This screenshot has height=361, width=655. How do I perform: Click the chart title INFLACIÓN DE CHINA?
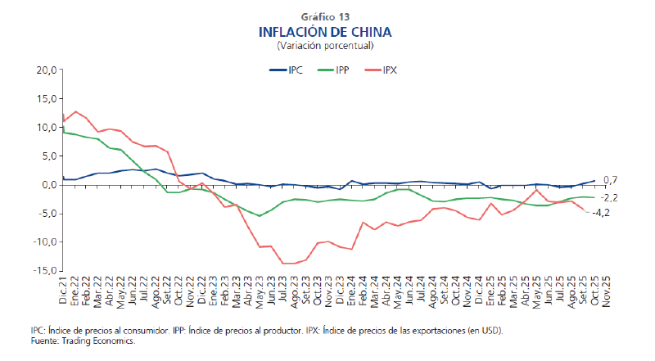pos(325,32)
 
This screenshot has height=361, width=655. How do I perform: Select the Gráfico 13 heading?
pos(325,16)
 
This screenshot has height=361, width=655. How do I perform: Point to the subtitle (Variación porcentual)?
pos(325,46)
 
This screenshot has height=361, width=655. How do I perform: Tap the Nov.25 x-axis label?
pos(606,289)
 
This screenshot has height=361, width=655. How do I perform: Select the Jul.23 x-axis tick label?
pos(282,289)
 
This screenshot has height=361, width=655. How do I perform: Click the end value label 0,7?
pos(610,180)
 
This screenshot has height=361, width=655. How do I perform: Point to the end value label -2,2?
pos(610,197)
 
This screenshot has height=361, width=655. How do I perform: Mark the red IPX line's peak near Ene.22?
pos(75,111)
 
